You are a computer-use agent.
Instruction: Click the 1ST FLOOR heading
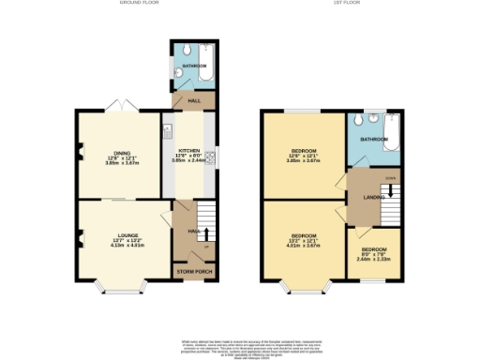point(343,4)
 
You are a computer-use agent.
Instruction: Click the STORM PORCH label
point(195,273)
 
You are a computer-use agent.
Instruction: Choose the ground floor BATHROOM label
point(194,66)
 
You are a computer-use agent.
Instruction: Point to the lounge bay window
point(120,283)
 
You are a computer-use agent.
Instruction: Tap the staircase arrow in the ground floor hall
point(206,232)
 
